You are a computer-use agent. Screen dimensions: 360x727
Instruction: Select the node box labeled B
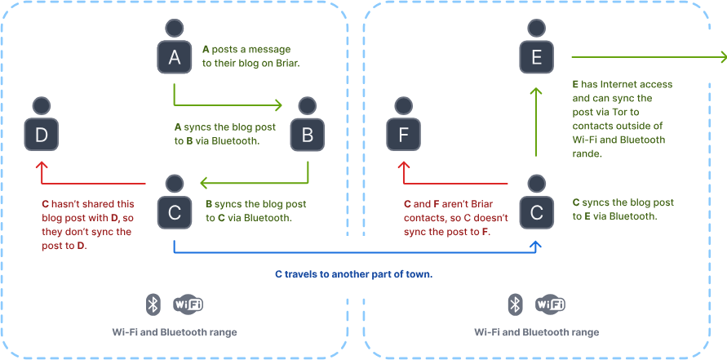pos(308,135)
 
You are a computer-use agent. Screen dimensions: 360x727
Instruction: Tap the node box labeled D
pos(42,135)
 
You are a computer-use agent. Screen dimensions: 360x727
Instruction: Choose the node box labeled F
pos(402,135)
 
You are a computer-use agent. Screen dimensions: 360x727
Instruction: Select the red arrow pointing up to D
pos(90,184)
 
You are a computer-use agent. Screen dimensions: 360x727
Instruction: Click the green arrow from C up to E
pos(536,122)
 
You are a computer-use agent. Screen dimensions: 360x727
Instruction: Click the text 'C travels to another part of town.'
pos(352,274)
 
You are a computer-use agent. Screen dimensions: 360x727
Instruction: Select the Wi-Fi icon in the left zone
pos(188,304)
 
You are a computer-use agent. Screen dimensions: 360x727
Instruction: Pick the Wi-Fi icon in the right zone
pos(551,304)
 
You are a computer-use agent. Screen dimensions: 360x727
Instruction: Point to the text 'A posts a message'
pos(246,49)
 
